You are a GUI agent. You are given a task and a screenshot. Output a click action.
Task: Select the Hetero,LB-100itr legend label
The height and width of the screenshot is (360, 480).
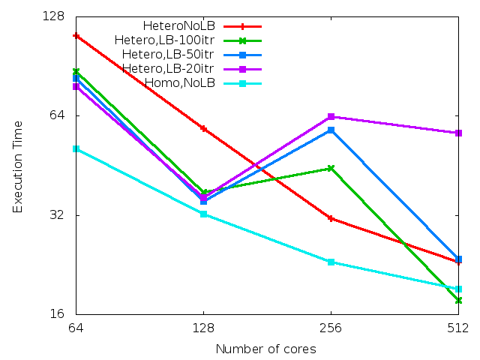pos(164,40)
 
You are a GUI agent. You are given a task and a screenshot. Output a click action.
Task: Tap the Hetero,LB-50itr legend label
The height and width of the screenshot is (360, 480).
pos(168,55)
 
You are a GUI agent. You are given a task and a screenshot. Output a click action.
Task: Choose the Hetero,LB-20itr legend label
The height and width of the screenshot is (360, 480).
pos(168,69)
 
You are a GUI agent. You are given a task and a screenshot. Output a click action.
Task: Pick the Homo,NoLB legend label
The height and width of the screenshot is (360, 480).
pos(179,83)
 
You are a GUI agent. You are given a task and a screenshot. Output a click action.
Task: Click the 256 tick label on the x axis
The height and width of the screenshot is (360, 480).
pos(331,328)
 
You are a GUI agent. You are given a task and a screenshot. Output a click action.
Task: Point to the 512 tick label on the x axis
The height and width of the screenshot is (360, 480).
pos(458,328)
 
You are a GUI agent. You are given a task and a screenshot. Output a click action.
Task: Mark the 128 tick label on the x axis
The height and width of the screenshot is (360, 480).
pos(203,328)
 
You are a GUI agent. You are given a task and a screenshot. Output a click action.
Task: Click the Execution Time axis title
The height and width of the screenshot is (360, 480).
pos(18,166)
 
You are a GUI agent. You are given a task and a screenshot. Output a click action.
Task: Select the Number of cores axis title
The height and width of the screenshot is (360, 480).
pos(265,349)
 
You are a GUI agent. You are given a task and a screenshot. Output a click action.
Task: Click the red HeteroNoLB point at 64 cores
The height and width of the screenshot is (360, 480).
pos(76,36)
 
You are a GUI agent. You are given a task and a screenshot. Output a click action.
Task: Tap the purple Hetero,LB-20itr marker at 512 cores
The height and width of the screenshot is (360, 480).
pos(458,133)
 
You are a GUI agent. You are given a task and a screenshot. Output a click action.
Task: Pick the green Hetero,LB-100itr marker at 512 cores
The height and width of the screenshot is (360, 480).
pos(458,301)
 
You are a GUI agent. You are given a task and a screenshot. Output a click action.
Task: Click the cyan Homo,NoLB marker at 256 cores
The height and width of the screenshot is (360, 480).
pos(331,262)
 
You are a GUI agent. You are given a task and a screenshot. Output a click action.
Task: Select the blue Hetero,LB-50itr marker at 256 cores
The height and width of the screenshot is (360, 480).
pos(331,130)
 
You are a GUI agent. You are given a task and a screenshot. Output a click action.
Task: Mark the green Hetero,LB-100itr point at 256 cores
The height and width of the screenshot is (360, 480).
pos(331,169)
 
